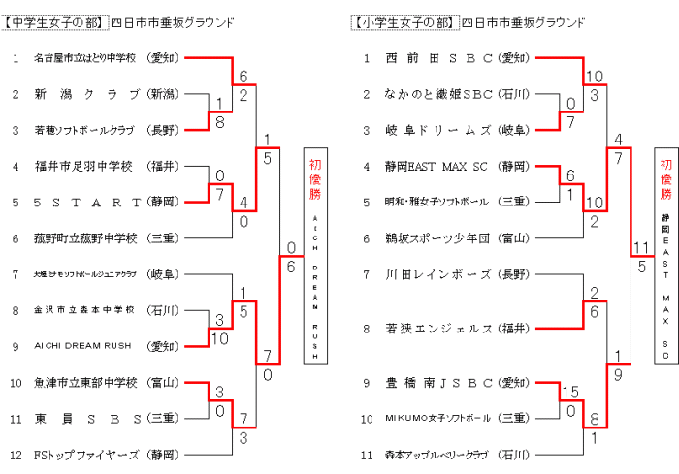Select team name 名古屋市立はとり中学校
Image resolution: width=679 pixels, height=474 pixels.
[x=85, y=58]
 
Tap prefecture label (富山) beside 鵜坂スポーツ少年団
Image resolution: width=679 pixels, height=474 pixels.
[x=514, y=237]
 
